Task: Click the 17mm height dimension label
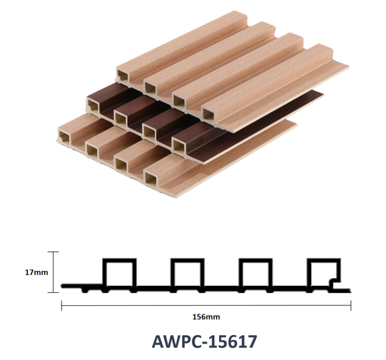click(36, 272)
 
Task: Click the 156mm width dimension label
click(206, 317)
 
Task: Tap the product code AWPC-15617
click(204, 341)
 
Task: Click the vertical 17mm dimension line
click(54, 272)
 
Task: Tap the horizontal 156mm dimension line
click(206, 305)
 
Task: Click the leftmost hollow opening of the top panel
click(123, 76)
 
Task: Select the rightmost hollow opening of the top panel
click(208, 115)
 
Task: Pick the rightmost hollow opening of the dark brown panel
click(178, 147)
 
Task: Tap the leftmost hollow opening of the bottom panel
click(64, 137)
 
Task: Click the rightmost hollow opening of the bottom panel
click(151, 179)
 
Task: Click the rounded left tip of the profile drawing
click(63, 286)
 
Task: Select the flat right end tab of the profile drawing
click(342, 291)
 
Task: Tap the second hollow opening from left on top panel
click(150, 88)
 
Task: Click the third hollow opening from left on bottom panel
click(121, 165)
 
